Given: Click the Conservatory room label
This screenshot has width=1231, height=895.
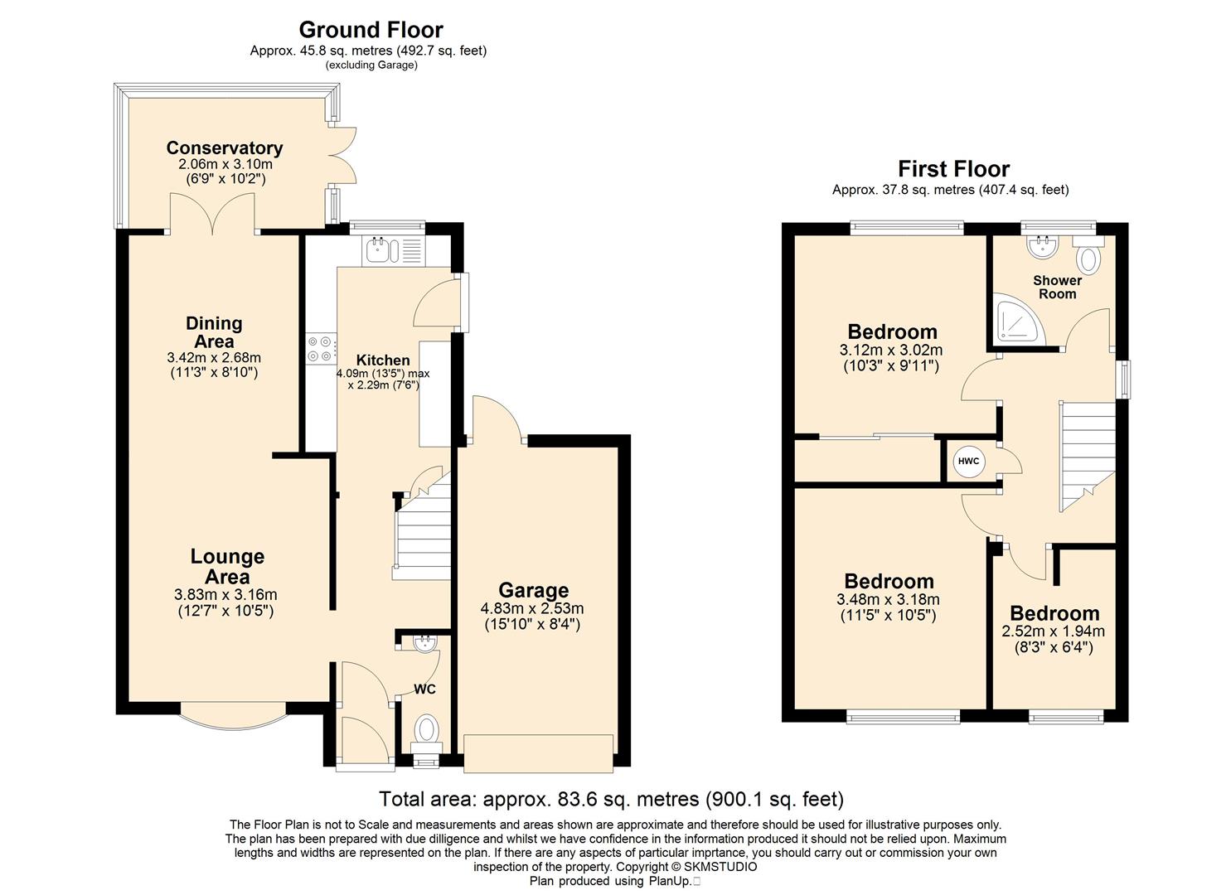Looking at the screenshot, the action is [224, 148].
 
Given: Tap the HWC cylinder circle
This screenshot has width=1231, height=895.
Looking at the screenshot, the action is [968, 461].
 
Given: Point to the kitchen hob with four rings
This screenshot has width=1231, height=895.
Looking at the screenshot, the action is [322, 349].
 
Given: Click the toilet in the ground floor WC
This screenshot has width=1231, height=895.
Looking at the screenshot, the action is [426, 734].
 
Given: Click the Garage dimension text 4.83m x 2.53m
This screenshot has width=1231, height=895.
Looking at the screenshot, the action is [532, 609].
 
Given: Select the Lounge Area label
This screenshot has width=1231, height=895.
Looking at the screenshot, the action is [227, 567].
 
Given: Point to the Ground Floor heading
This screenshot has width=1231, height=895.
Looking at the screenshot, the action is [371, 30].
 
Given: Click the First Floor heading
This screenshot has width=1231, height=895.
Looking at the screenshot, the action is [953, 169].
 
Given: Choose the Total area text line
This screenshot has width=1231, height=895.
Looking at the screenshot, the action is [611, 798].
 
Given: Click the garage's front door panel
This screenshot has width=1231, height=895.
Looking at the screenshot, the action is [538, 753].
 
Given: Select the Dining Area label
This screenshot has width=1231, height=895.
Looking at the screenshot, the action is [214, 331].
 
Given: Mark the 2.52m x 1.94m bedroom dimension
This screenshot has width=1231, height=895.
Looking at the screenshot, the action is [1053, 631].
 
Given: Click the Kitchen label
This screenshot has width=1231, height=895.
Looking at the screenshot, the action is [383, 360].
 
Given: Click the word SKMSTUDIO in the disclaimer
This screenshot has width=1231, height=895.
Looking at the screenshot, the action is [720, 867].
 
